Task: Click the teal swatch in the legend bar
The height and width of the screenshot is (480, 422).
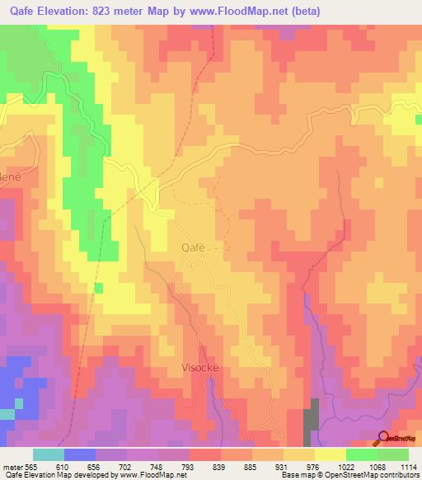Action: [48, 454]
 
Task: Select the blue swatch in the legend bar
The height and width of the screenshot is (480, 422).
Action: [79, 454]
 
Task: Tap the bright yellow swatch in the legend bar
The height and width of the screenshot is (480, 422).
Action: [330, 454]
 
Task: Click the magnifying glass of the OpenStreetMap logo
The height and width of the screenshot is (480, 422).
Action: [383, 438]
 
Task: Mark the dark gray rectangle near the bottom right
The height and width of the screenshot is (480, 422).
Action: [312, 417]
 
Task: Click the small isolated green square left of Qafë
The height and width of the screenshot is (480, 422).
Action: [99, 288]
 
